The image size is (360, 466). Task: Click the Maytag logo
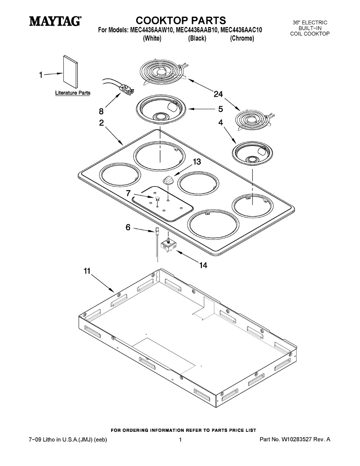(x=55, y=21)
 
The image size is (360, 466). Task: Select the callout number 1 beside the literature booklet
(x=41, y=75)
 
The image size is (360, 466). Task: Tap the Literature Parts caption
(x=73, y=93)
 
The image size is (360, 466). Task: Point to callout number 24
(x=218, y=94)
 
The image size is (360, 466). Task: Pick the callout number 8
(x=101, y=111)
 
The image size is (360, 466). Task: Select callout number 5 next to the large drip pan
(x=220, y=109)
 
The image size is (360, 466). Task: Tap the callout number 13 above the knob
(x=197, y=162)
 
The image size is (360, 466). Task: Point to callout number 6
(x=128, y=228)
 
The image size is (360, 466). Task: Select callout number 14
(x=203, y=265)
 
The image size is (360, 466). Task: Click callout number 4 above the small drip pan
(x=220, y=123)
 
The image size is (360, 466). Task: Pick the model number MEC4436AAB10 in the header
(x=193, y=30)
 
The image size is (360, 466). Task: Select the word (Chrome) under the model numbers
(x=242, y=38)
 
